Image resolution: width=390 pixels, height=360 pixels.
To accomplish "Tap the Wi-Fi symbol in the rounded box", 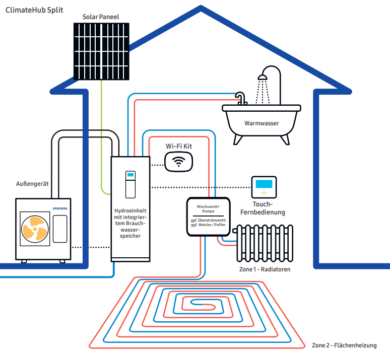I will click(x=178, y=161).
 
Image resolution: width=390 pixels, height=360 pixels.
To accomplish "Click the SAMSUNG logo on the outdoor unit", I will click(x=59, y=207).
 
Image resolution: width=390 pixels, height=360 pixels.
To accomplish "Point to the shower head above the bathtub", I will click(x=262, y=78).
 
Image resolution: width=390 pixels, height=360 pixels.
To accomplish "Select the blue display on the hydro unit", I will click(x=131, y=175).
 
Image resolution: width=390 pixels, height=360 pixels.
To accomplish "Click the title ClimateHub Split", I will click(x=34, y=10).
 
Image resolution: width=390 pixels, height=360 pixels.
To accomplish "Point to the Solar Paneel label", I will click(x=101, y=17).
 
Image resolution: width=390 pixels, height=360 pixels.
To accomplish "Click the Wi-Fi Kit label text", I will click(x=179, y=146).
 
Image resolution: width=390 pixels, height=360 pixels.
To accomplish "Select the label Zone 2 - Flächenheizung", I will click(x=344, y=345).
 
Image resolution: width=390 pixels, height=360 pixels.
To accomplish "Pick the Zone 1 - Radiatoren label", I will click(x=265, y=269).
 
